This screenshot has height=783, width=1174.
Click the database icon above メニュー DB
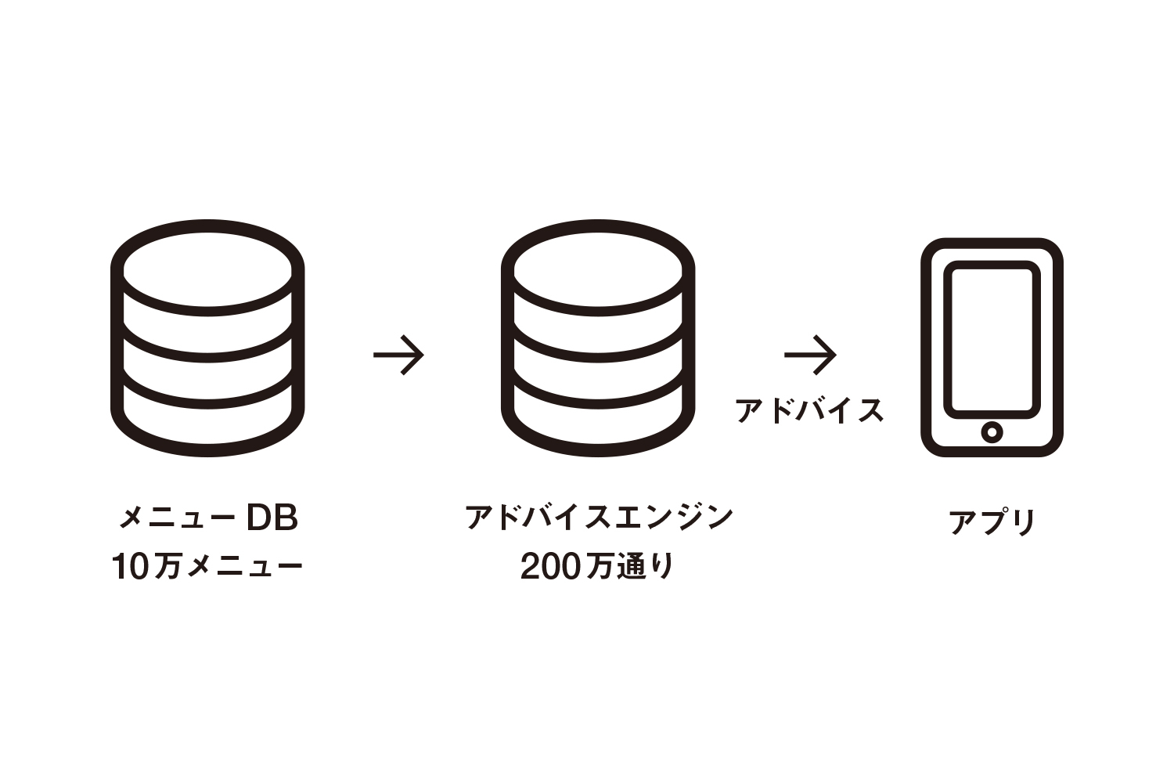tap(207, 338)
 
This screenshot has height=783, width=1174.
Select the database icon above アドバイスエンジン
tap(598, 338)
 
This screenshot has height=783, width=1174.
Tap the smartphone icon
tap(992, 347)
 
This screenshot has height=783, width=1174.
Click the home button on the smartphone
tap(992, 431)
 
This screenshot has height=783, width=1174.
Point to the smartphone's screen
tap(992, 338)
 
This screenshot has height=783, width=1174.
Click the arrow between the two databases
tap(398, 355)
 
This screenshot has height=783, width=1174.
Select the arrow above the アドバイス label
tap(810, 355)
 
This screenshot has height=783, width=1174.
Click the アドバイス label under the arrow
tap(810, 410)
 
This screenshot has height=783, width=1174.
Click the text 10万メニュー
tap(207, 566)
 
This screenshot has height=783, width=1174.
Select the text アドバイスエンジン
tap(599, 518)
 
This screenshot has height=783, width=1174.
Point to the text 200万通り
tap(597, 566)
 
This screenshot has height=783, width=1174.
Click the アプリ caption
tap(992, 521)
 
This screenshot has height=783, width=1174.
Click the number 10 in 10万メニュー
tap(130, 567)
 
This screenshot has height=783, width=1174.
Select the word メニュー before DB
tap(177, 518)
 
